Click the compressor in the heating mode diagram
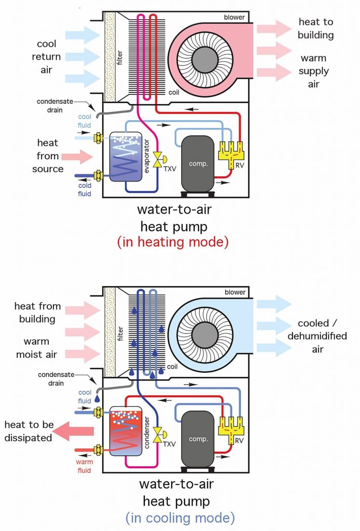[197, 163]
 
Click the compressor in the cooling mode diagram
[197, 438]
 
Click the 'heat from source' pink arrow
[78, 156]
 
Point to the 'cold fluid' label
[84, 190]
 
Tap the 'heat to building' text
[316, 28]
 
